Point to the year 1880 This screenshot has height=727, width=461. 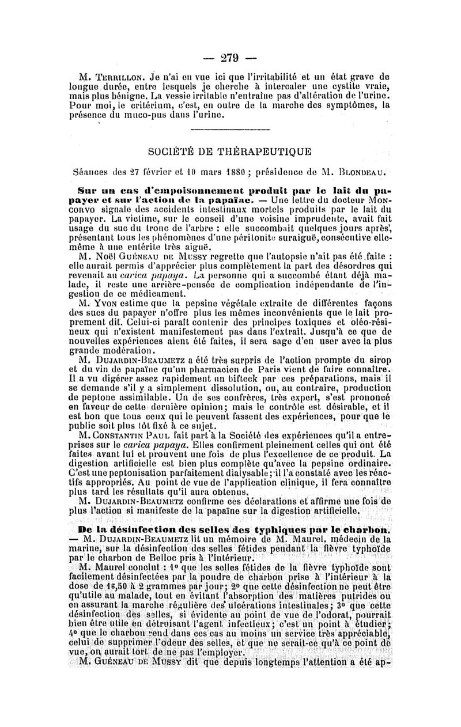(263, 171)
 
